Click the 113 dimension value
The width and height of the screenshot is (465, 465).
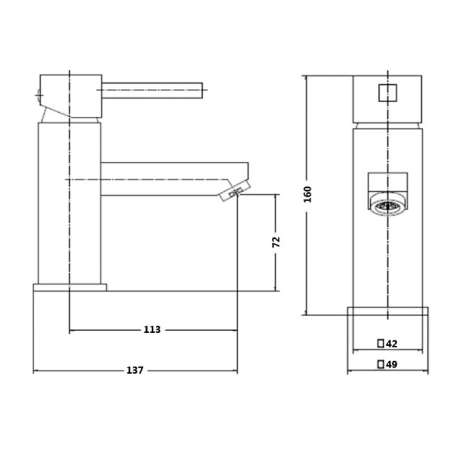click(152, 330)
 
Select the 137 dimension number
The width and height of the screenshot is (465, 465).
click(135, 370)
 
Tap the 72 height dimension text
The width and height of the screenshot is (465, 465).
click(276, 242)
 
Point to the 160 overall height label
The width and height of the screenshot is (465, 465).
click(307, 194)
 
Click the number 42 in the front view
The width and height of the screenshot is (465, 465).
click(391, 344)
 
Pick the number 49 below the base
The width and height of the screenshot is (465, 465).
click(391, 364)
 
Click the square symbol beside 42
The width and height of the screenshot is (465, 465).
click(381, 344)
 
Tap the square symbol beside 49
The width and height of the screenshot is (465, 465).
click(381, 364)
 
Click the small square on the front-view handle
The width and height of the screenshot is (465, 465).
click(388, 93)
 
